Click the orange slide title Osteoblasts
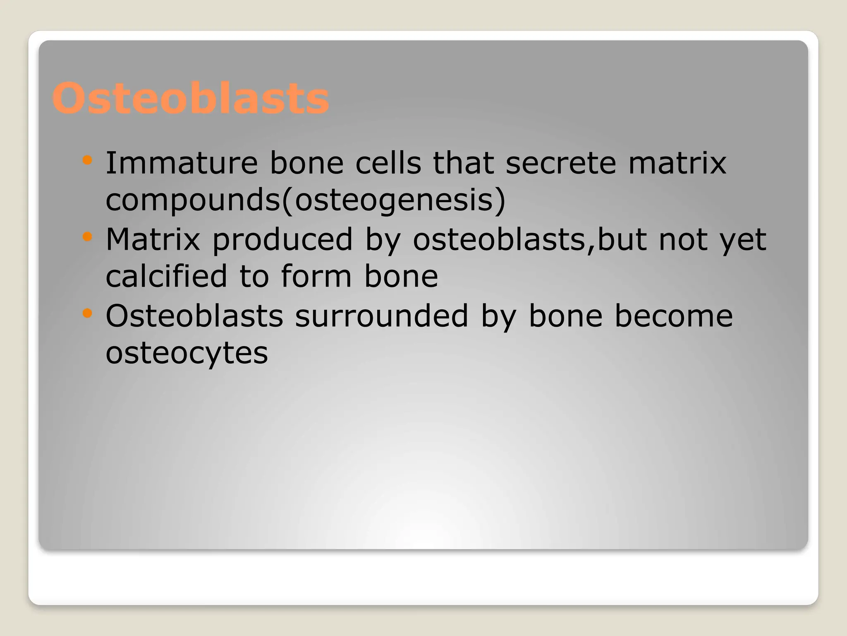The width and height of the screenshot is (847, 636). [191, 99]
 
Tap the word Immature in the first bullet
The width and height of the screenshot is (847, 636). [182, 163]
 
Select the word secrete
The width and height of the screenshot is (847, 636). [561, 163]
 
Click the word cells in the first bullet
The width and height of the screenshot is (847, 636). [388, 163]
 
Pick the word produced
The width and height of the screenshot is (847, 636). [282, 240]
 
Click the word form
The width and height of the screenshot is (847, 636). [316, 276]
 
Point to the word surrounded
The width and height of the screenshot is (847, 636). [381, 316]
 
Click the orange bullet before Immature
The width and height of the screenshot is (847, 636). [87, 160]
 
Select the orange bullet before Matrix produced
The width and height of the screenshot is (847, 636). [87, 236]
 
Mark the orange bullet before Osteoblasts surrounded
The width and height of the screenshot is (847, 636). [87, 313]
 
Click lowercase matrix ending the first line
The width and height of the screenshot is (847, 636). [677, 163]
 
